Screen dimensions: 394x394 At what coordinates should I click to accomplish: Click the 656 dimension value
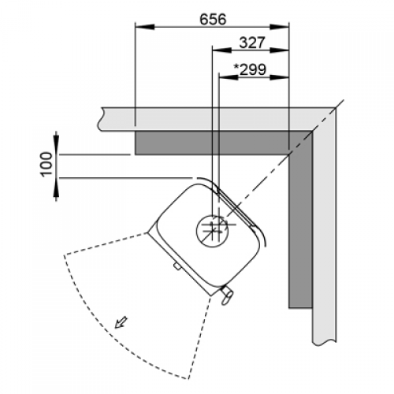213,19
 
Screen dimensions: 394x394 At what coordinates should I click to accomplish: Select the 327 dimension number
252,43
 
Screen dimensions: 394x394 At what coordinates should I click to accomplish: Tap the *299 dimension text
250,69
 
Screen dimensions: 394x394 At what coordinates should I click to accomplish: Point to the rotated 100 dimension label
46,164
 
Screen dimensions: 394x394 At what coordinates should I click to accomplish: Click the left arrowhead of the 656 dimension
144,27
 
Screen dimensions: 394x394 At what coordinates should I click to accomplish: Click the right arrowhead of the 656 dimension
279,27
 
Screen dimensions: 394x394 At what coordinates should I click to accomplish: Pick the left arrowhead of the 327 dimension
221,50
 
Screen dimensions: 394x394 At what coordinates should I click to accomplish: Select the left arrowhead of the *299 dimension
229,77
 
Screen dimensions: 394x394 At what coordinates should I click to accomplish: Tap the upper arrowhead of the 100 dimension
56,144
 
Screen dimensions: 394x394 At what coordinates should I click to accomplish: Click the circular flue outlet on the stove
213,231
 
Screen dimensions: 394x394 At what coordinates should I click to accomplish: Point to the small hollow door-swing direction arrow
121,322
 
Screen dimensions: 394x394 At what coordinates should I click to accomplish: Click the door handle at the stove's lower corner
225,295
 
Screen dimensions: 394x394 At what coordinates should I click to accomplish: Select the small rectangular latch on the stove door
177,266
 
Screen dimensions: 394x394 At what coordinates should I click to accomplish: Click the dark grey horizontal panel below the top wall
223,143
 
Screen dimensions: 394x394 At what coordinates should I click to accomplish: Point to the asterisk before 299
236,67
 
